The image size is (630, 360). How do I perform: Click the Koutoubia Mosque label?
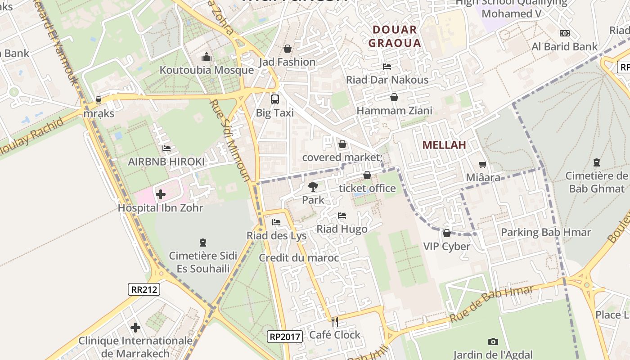point(207,70)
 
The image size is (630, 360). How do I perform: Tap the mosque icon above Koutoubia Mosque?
point(207,57)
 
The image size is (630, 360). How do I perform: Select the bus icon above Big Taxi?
point(274,99)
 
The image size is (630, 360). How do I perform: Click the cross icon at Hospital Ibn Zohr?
point(161,194)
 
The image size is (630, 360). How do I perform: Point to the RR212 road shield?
point(144,289)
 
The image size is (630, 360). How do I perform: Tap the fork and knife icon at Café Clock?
point(334,321)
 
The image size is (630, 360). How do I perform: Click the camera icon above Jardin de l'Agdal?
point(493,342)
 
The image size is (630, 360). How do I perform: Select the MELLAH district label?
point(444,145)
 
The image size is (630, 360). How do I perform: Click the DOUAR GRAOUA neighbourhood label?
point(395,36)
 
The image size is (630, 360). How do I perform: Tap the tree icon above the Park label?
point(313,186)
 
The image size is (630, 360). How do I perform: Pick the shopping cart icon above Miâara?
point(483,165)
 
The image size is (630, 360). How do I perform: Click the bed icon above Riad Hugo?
point(342,216)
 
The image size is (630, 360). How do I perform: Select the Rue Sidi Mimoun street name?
point(229,140)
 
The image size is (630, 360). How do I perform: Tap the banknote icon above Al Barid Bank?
point(564,33)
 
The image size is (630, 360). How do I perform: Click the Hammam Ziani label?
point(394,110)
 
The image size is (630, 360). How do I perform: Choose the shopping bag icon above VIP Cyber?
point(447,233)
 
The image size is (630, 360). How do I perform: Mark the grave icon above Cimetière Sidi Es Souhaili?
point(203,243)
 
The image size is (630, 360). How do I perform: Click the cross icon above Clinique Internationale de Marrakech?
point(135,328)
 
